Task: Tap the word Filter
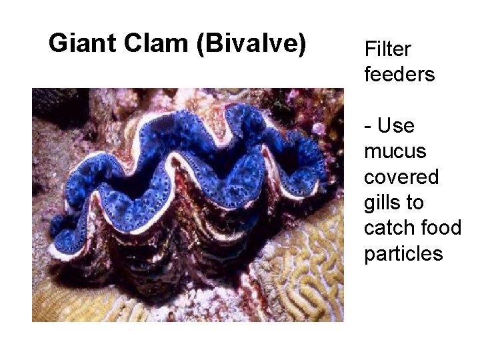pos(387,49)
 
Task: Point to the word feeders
pos(399,74)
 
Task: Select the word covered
pos(401,177)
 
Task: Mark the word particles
pos(403,254)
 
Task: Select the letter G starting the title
pos(58,43)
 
